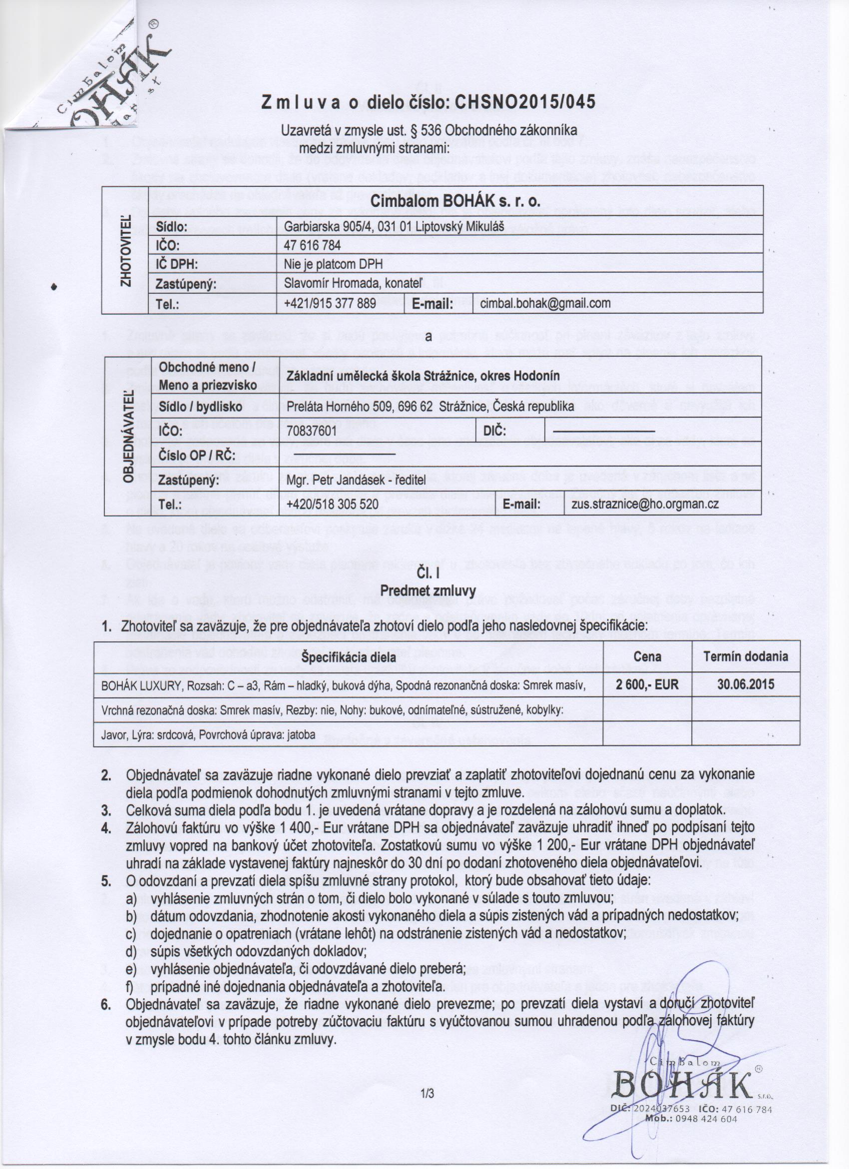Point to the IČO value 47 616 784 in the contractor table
pos(312,245)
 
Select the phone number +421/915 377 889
pos(330,303)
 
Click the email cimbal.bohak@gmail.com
pos(545,303)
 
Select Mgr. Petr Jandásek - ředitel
pos(356,480)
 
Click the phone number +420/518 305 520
pos(332,504)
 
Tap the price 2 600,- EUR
pos(648,684)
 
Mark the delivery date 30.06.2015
pos(746,684)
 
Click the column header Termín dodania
pos(746,656)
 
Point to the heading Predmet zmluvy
pos(427,590)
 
